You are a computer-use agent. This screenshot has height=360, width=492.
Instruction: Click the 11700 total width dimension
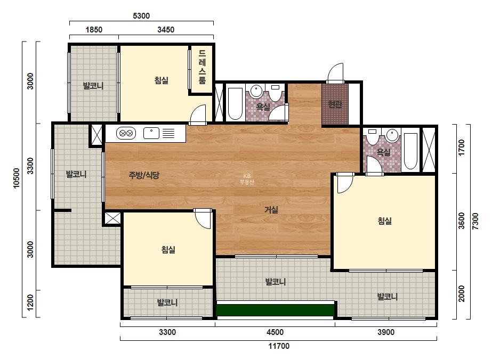(x=279, y=346)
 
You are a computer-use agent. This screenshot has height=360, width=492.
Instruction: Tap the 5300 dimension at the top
(x=141, y=15)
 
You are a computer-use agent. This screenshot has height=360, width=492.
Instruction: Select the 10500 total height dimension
(x=17, y=178)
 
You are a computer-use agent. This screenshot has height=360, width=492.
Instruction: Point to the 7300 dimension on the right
(x=475, y=221)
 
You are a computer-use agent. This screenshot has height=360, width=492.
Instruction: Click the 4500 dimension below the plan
(x=275, y=332)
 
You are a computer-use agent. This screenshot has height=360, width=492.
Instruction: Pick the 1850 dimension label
(x=94, y=30)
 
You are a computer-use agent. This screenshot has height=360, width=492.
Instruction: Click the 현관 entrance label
(x=335, y=104)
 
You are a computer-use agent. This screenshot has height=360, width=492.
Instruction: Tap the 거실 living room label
(x=271, y=210)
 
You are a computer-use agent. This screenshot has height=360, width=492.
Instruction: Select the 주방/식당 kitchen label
(x=144, y=175)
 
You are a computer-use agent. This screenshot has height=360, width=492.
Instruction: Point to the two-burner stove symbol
(x=126, y=133)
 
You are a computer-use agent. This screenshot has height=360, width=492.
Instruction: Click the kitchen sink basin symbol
(x=151, y=133)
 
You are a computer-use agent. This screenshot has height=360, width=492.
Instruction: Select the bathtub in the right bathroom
(x=410, y=151)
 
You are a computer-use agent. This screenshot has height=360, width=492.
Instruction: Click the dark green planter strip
(x=275, y=310)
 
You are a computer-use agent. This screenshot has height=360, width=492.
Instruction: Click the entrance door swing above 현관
(x=335, y=73)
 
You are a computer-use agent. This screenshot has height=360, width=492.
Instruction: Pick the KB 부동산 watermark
(x=247, y=179)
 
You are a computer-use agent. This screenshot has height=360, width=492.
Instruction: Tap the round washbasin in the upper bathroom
(x=256, y=91)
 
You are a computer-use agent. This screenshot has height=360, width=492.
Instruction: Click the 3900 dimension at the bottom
(x=385, y=332)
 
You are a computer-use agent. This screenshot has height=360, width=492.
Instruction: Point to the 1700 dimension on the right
(x=461, y=148)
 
